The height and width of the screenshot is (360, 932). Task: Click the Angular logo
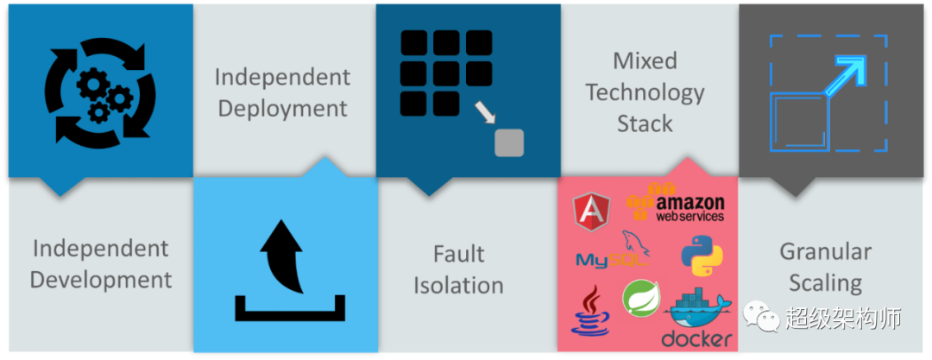click(593, 211)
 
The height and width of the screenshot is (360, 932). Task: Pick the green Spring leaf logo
click(640, 298)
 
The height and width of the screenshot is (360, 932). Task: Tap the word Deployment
click(282, 109)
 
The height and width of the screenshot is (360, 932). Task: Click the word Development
click(102, 280)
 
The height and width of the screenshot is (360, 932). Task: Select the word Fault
click(458, 254)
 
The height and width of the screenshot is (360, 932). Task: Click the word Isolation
click(458, 285)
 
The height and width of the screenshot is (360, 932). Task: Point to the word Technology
click(645, 92)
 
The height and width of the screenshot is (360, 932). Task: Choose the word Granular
click(825, 251)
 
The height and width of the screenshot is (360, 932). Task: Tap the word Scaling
click(825, 282)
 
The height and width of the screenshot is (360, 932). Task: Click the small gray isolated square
click(509, 142)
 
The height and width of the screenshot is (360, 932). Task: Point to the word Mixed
click(645, 61)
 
